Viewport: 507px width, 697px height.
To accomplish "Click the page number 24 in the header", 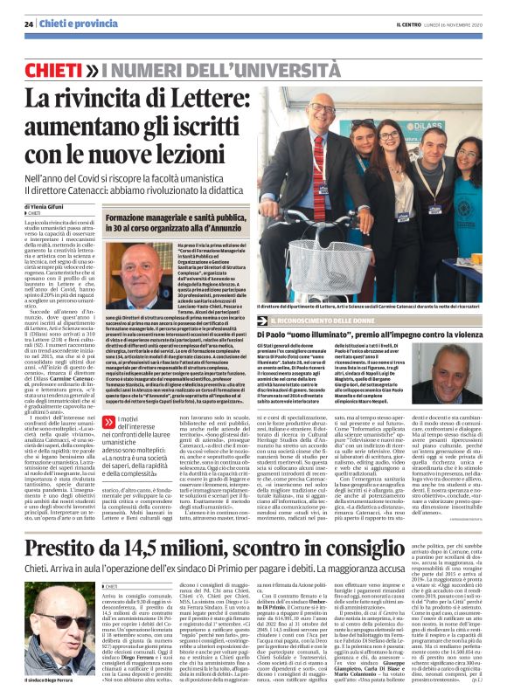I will pyautogui.click(x=29, y=24).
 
